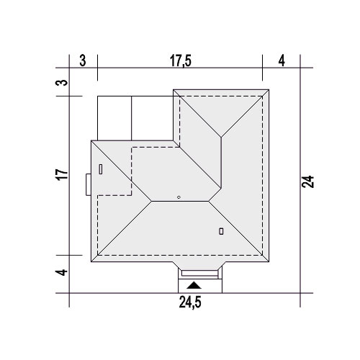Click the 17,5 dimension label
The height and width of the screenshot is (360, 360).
click(x=181, y=60)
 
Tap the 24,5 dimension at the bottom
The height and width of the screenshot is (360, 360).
click(x=190, y=302)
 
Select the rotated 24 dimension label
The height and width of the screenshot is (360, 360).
click(x=308, y=181)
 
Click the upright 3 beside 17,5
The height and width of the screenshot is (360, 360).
click(x=83, y=60)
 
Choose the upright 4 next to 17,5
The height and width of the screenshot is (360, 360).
click(x=282, y=60)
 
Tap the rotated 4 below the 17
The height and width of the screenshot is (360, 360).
click(x=62, y=272)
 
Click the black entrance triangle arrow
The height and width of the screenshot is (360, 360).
click(x=194, y=285)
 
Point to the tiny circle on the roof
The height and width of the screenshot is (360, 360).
click(x=179, y=197)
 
